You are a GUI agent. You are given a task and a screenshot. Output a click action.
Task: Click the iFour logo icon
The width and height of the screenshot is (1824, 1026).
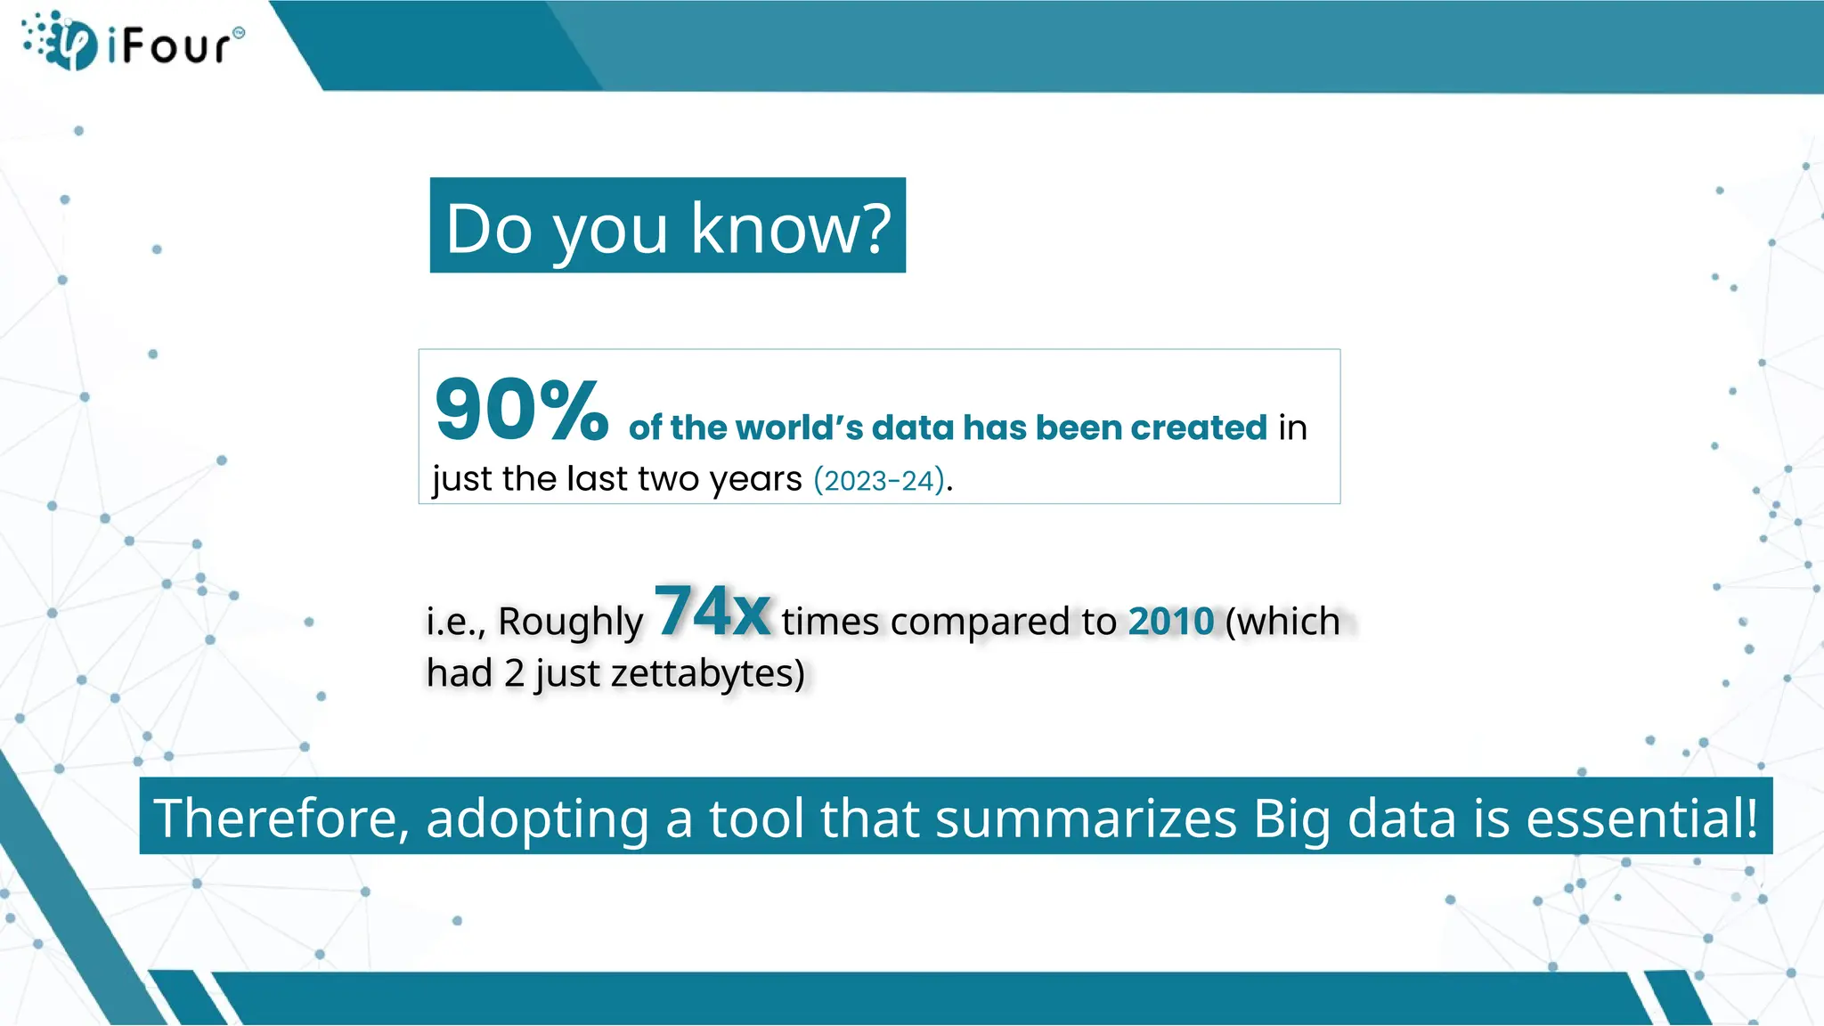point(62,42)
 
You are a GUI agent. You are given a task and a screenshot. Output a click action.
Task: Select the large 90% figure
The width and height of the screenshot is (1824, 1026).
point(521,411)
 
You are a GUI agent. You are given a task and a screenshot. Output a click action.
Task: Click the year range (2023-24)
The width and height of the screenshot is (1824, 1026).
point(879,481)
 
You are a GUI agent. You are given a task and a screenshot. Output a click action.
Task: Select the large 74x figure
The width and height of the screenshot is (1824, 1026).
point(712,612)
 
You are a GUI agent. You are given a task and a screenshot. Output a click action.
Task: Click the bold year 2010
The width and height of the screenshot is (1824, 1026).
point(1170,622)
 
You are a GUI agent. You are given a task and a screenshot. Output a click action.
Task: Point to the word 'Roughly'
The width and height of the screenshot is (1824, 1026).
point(570,623)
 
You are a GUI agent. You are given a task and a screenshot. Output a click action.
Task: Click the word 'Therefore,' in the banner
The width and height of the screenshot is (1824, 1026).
point(281,818)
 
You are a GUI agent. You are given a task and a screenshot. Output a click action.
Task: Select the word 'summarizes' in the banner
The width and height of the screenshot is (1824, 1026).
point(1086,818)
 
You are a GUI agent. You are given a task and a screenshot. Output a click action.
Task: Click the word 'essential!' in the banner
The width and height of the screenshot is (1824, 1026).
point(1641,818)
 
